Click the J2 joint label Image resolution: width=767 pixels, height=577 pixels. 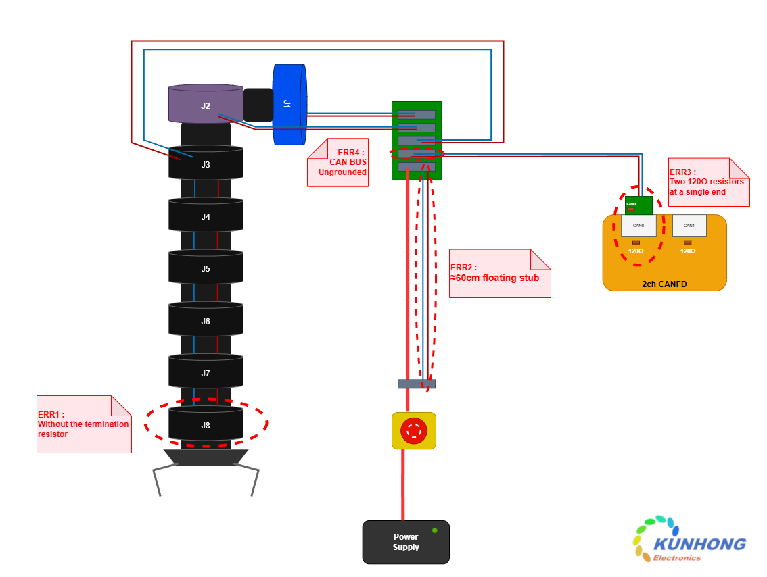(205, 106)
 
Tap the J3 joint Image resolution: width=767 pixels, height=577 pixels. (206, 164)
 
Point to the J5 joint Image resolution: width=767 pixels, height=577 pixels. (206, 268)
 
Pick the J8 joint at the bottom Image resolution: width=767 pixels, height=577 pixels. (206, 425)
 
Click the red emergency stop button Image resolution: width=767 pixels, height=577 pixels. (413, 430)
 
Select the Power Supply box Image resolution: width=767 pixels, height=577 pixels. (406, 543)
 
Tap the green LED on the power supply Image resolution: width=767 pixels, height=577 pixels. (434, 530)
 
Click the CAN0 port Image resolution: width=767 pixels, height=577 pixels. (638, 226)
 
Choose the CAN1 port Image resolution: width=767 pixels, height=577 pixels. (689, 226)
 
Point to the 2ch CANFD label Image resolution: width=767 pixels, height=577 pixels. (664, 284)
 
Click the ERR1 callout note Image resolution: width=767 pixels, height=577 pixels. (84, 424)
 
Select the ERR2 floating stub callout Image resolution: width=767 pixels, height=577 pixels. (500, 273)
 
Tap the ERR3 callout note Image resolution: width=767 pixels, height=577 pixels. (709, 182)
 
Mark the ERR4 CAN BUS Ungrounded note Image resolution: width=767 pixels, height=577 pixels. (338, 163)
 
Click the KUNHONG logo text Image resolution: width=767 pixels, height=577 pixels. (699, 545)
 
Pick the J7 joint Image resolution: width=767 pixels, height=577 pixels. (206, 373)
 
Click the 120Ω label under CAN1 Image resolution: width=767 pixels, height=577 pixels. (688, 251)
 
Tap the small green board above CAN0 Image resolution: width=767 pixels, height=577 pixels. (638, 205)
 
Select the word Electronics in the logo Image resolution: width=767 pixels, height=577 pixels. (676, 558)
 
